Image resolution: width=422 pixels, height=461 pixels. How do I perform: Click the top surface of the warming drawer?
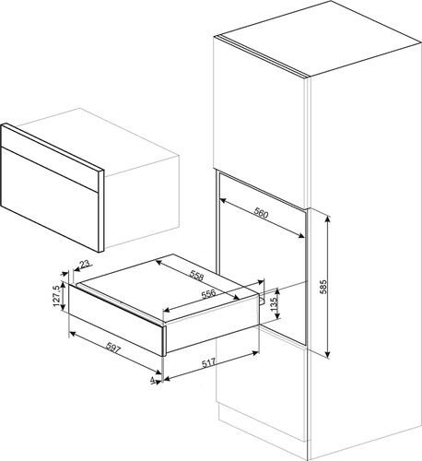click(x=166, y=286)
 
